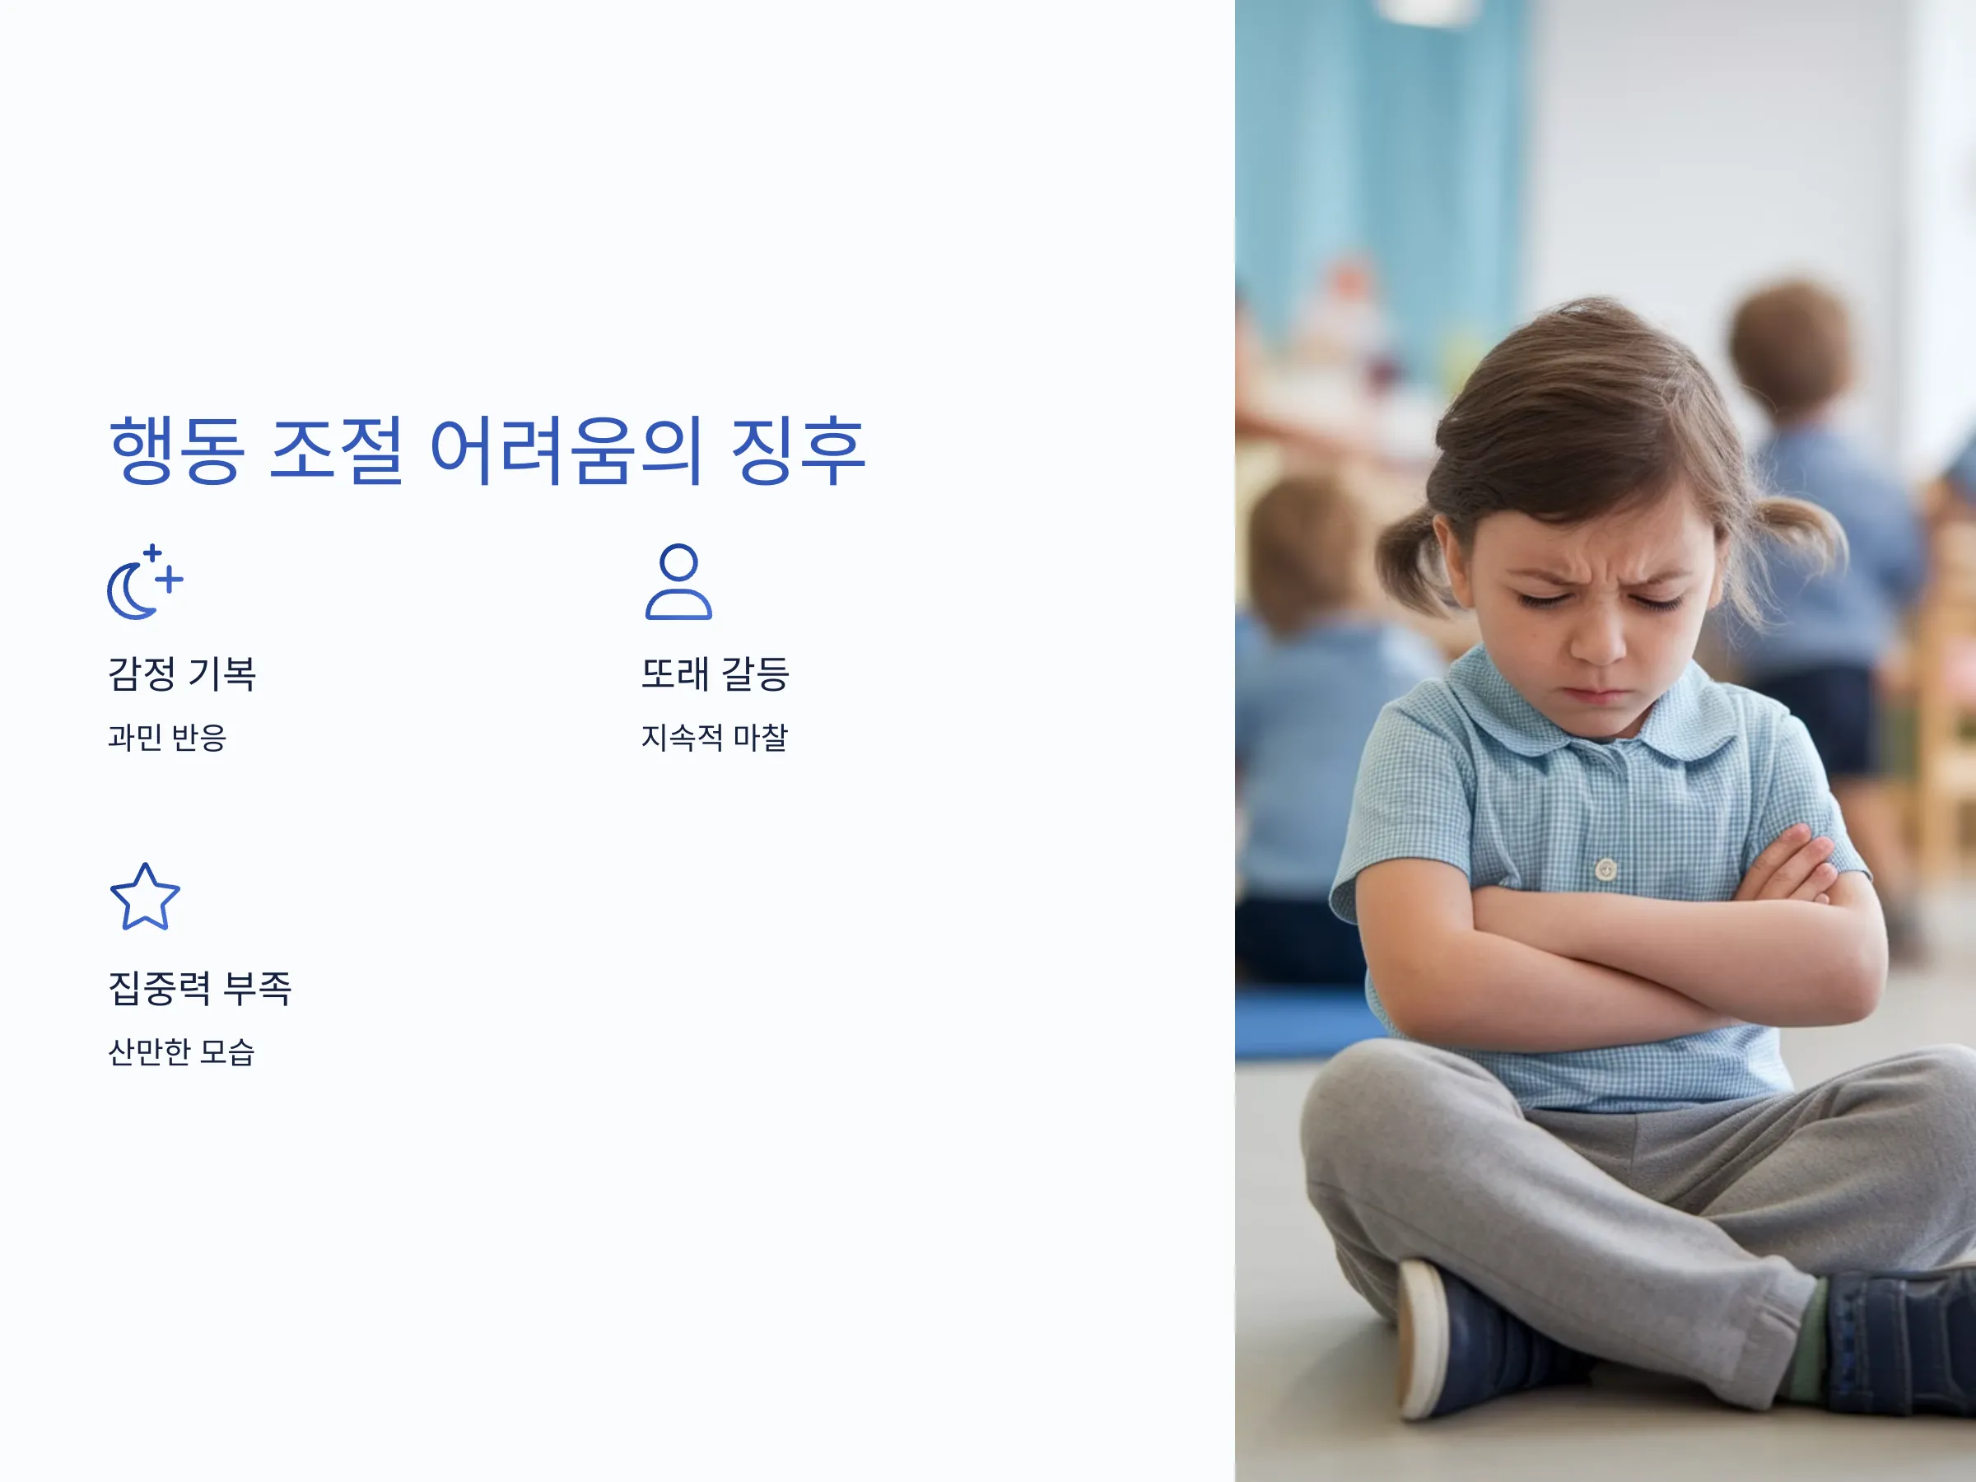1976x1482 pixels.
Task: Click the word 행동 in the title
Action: pyautogui.click(x=177, y=450)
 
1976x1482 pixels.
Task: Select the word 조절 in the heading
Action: pyautogui.click(x=336, y=450)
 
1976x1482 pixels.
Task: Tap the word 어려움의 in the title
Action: pyautogui.click(x=566, y=450)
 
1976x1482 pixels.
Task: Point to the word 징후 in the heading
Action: pyautogui.click(x=798, y=450)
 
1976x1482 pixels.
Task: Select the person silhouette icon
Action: pyautogui.click(x=679, y=582)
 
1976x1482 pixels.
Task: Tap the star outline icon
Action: pyautogui.click(x=145, y=897)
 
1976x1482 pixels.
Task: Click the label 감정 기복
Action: pyautogui.click(x=182, y=673)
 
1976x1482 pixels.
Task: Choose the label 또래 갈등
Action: pyautogui.click(x=715, y=673)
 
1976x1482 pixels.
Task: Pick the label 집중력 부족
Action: pyautogui.click(x=200, y=988)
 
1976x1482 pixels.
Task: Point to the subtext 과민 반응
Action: pyautogui.click(x=167, y=738)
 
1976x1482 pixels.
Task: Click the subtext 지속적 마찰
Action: pyautogui.click(x=715, y=738)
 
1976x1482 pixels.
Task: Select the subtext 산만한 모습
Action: pyautogui.click(x=181, y=1052)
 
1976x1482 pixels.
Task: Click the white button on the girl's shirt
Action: pyautogui.click(x=1606, y=869)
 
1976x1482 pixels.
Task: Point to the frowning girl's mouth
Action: pyautogui.click(x=1596, y=693)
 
